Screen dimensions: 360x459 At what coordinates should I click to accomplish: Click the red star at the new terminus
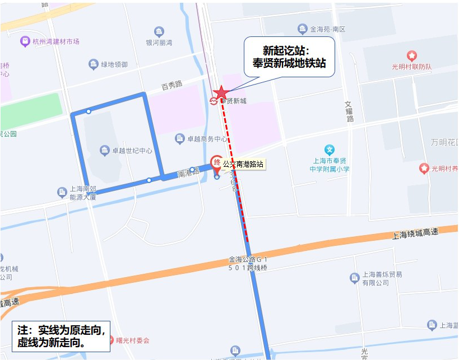pos(221,92)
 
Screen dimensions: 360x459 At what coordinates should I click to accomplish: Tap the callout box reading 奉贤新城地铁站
pos(289,57)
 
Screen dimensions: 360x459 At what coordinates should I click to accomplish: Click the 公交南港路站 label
pos(243,165)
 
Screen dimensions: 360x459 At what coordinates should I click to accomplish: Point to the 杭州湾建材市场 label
pos(56,41)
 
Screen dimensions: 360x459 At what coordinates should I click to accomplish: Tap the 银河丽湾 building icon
pos(159,31)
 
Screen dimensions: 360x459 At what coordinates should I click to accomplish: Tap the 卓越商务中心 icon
pos(180,138)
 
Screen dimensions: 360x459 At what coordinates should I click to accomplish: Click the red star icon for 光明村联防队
pos(412,56)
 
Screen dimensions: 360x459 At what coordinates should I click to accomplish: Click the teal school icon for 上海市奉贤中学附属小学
pos(330,149)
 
